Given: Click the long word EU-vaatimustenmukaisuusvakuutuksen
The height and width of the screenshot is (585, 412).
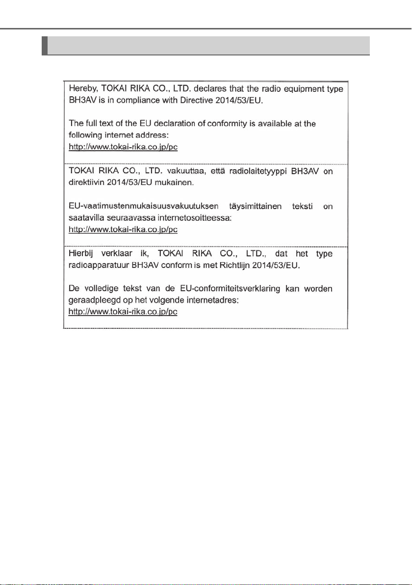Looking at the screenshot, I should click(x=140, y=207).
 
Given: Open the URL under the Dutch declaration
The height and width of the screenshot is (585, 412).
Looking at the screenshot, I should click(x=123, y=312).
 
